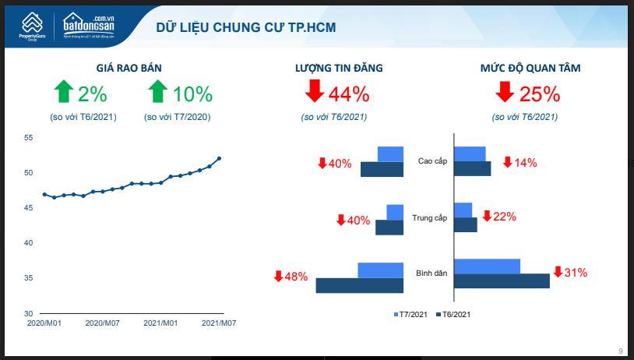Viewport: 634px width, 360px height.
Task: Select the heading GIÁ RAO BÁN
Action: pyautogui.click(x=129, y=69)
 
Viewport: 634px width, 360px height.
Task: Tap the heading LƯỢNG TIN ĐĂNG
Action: pyautogui.click(x=339, y=69)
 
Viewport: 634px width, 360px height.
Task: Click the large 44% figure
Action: pyautogui.click(x=348, y=94)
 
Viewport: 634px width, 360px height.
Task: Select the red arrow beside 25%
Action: pyautogui.click(x=504, y=93)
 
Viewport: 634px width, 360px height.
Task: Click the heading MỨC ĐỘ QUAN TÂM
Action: pyautogui.click(x=530, y=69)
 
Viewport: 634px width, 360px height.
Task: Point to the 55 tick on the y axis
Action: pyautogui.click(x=29, y=138)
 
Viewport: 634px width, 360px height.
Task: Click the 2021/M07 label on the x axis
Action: pyautogui.click(x=219, y=322)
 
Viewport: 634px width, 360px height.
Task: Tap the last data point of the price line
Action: pyautogui.click(x=219, y=158)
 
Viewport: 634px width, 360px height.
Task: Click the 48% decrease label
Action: pyautogui.click(x=295, y=277)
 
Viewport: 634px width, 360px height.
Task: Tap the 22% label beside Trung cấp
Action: pyautogui.click(x=504, y=217)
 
